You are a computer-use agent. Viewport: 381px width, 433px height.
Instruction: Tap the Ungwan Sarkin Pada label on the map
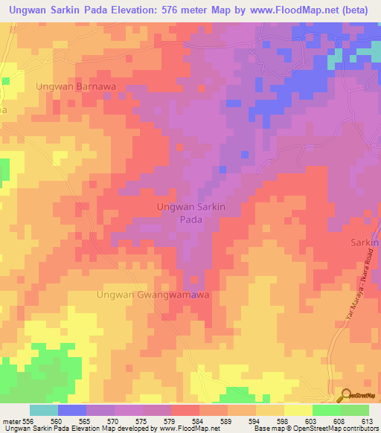tap(190, 213)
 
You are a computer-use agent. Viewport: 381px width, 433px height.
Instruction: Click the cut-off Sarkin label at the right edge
tap(365, 243)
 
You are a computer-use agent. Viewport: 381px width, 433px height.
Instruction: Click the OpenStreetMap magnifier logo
tap(347, 395)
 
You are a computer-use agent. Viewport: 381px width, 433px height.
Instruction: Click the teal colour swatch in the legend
tap(43, 410)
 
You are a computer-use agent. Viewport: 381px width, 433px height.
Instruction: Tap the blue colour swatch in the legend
tap(71, 410)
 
